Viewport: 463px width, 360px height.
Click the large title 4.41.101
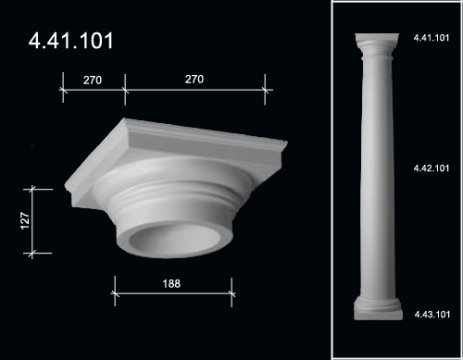coord(71,41)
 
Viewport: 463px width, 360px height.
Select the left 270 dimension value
coord(93,81)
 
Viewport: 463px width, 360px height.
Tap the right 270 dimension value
coord(194,80)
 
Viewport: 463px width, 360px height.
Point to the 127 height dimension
coord(25,220)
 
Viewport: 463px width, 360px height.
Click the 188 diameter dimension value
coord(171,283)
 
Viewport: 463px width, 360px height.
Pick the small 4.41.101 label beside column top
coord(432,38)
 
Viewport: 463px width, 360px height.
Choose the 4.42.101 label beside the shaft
coord(432,168)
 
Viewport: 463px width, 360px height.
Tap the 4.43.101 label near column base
coord(432,315)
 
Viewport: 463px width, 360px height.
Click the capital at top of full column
coord(377,46)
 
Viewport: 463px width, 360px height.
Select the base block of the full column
coord(378,308)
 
